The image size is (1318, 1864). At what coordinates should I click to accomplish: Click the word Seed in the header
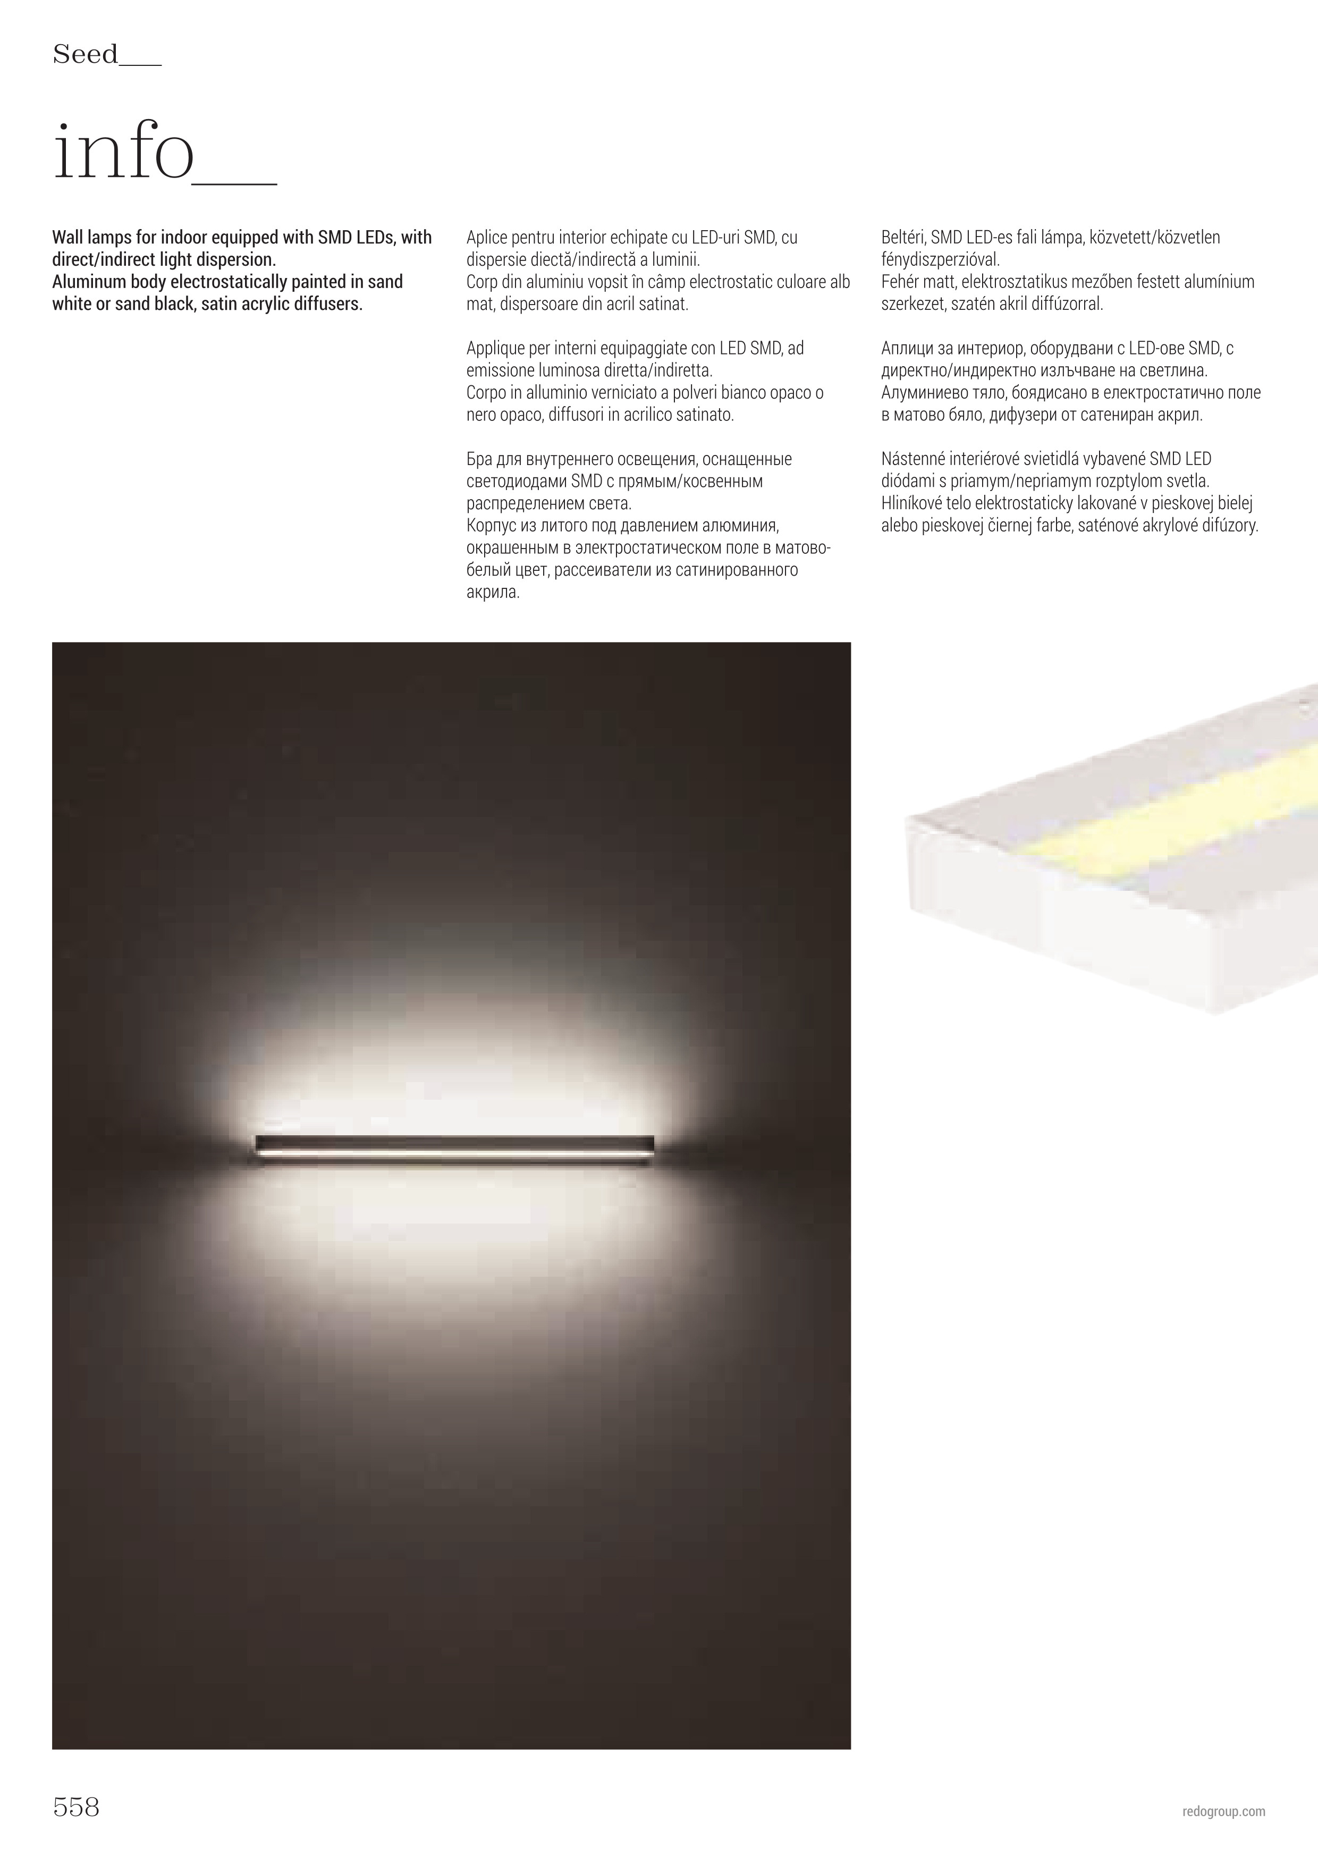[85, 55]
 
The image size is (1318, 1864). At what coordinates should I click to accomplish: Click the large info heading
[123, 154]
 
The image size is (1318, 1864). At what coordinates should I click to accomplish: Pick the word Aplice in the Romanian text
[487, 238]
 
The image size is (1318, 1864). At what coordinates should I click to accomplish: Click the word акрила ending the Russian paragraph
[493, 593]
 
